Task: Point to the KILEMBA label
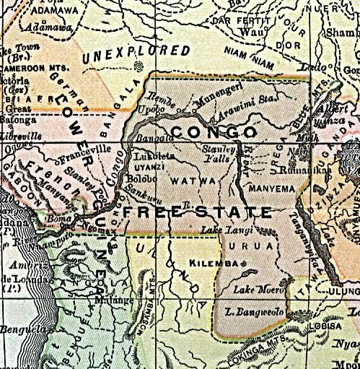pos(211,263)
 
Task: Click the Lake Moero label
pos(249,291)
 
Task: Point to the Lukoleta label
pos(152,155)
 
